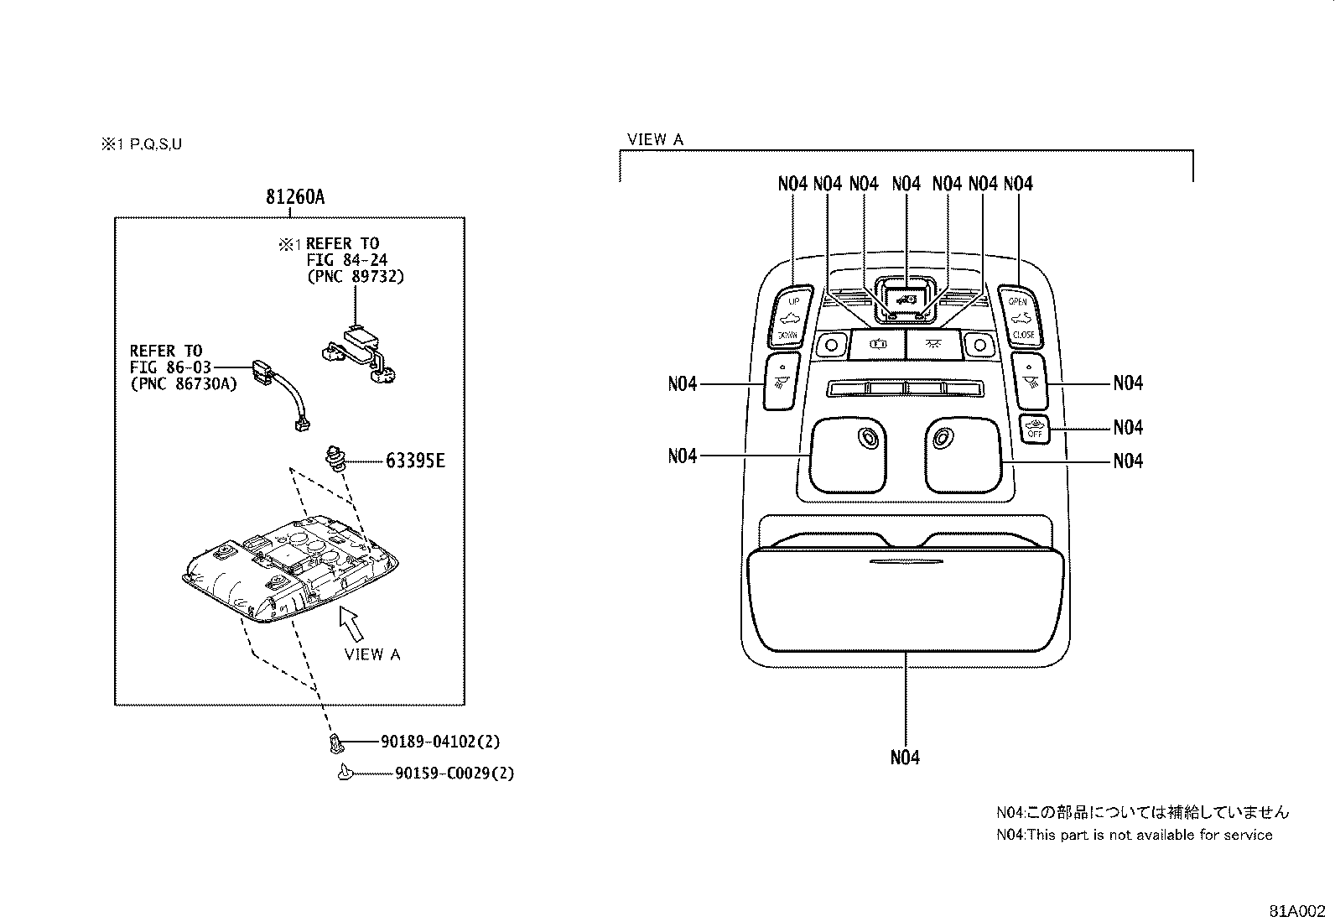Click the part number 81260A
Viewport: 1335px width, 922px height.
[x=295, y=197]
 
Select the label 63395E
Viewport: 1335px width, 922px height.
[x=415, y=461]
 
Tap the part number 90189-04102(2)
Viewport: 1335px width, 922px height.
[x=440, y=742]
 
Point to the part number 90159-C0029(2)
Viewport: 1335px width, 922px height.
[x=455, y=773]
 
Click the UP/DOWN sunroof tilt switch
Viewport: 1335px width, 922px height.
[x=789, y=317]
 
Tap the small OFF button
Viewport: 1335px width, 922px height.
[x=1035, y=429]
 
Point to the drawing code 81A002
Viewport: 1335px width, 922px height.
[x=1297, y=910]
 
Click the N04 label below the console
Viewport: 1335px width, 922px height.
[x=905, y=758]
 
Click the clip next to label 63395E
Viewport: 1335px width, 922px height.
[x=337, y=459]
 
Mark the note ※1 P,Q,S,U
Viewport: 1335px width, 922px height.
[x=142, y=144]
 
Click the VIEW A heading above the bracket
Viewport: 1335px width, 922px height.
[x=655, y=139]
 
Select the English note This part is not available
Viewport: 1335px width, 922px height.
[x=1134, y=835]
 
